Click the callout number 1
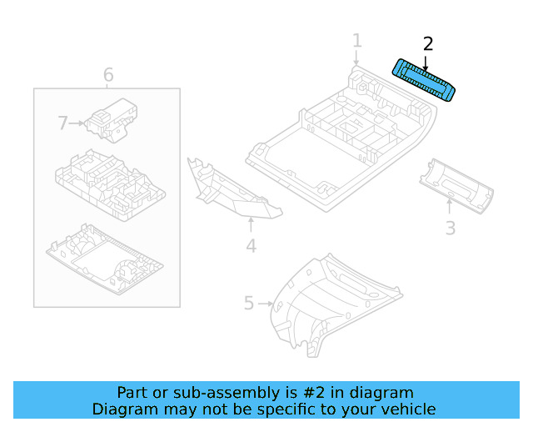pos(356,41)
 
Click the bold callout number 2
pos(428,43)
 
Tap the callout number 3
pos(450,228)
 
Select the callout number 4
pos(251,245)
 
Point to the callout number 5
pos(248,303)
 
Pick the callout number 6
pos(108,76)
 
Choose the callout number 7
pos(62,123)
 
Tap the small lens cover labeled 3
pos(458,188)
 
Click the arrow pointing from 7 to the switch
pos(77,123)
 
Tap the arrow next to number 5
pos(266,303)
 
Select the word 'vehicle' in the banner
pos(408,409)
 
